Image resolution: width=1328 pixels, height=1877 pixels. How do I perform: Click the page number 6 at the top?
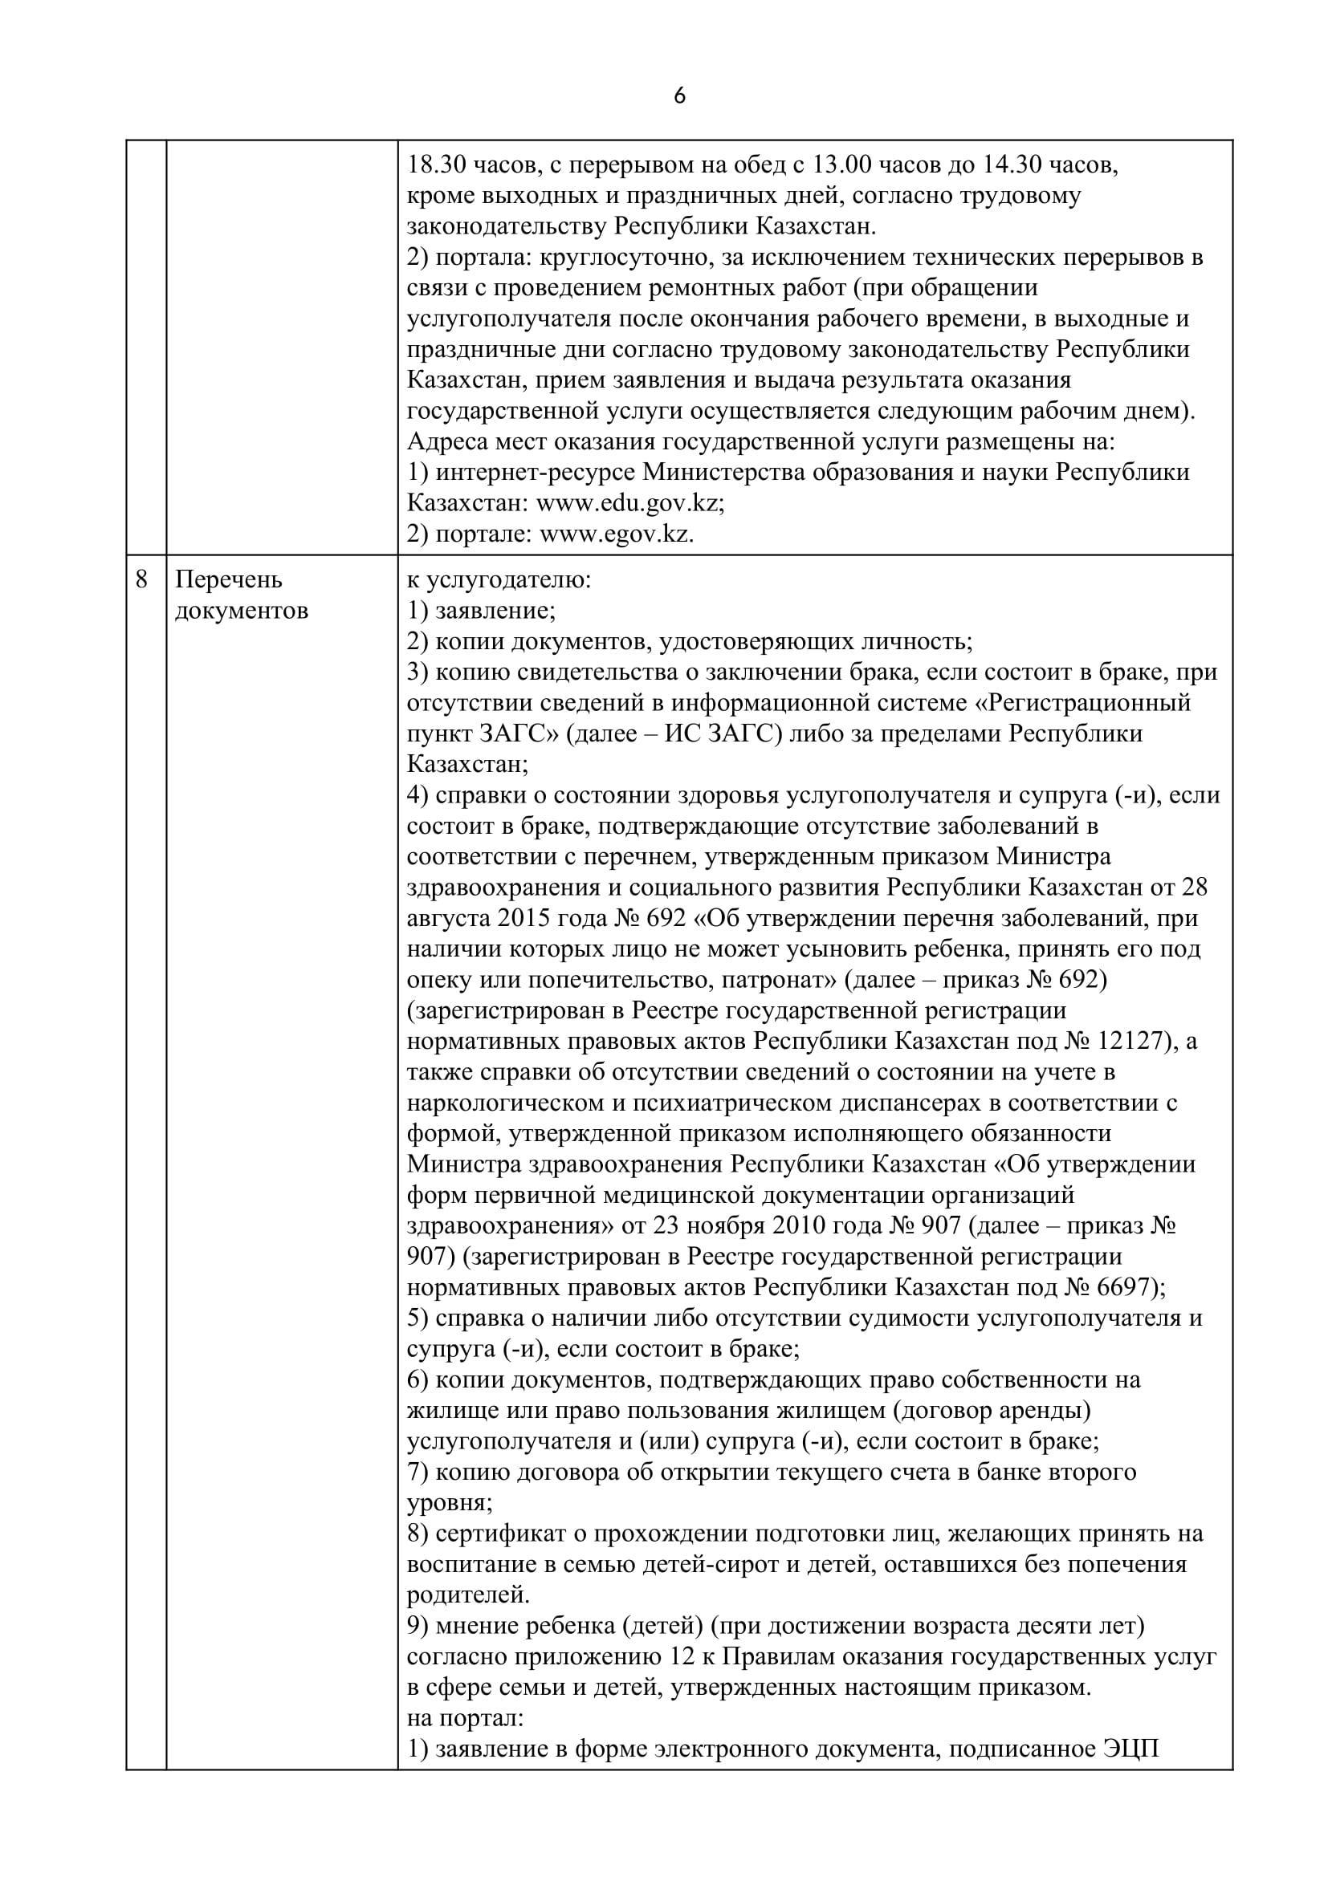[679, 96]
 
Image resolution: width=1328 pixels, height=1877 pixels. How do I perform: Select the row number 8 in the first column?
[142, 579]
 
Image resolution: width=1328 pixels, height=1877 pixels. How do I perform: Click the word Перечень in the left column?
[229, 579]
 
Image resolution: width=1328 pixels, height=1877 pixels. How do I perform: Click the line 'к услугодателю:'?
[499, 579]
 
